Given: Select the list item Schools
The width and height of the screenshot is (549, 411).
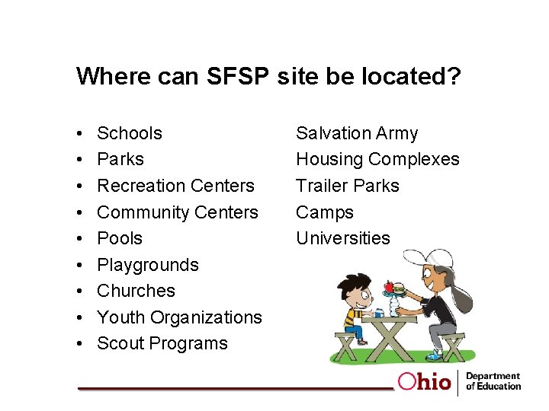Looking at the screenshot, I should [130, 133].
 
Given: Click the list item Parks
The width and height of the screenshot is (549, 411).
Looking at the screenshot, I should [120, 159].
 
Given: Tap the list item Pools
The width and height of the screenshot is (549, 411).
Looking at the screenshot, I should [120, 238].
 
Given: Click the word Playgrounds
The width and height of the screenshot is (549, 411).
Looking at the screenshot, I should [148, 265].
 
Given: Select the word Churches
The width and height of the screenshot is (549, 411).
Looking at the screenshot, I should [136, 291].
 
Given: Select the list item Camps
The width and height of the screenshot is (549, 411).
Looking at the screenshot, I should [325, 212].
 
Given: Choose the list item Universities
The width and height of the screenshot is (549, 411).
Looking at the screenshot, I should [342, 238].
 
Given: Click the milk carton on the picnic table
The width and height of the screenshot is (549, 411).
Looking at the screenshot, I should [379, 312].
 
